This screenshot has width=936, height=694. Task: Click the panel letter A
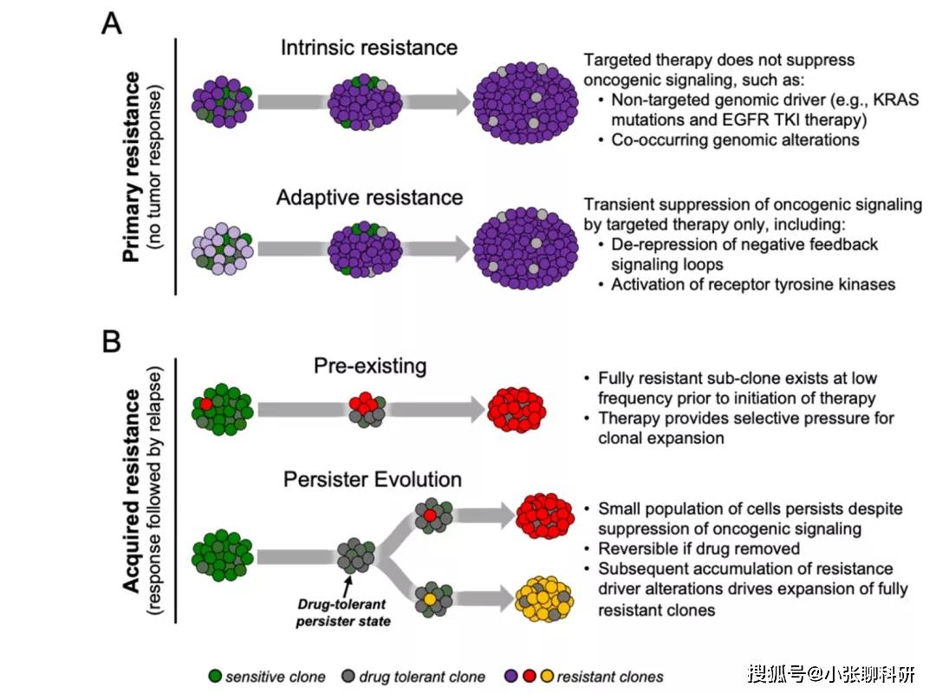[112, 24]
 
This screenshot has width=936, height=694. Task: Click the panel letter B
[112, 342]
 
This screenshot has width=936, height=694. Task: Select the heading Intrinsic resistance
[369, 48]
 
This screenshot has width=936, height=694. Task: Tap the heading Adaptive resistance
[369, 198]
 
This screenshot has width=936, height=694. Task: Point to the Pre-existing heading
[370, 366]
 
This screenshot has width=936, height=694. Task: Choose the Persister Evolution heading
[373, 479]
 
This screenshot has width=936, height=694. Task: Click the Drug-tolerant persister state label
[343, 613]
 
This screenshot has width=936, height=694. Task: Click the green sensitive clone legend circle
[215, 676]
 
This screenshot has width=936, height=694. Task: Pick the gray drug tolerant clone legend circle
[348, 676]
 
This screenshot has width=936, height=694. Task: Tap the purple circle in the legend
[511, 676]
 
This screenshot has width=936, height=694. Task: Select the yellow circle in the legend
[547, 676]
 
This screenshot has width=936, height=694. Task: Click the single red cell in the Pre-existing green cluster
[206, 404]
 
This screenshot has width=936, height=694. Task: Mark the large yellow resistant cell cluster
[543, 599]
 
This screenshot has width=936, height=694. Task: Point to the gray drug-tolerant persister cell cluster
[356, 555]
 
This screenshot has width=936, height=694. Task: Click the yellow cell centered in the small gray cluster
[429, 599]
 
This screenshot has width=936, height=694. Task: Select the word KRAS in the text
[895, 99]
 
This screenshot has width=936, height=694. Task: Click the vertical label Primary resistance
[132, 167]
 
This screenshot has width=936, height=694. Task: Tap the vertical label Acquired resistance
[132, 490]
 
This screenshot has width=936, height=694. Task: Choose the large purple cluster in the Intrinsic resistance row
[525, 102]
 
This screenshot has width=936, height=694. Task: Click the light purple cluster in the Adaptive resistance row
[222, 249]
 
